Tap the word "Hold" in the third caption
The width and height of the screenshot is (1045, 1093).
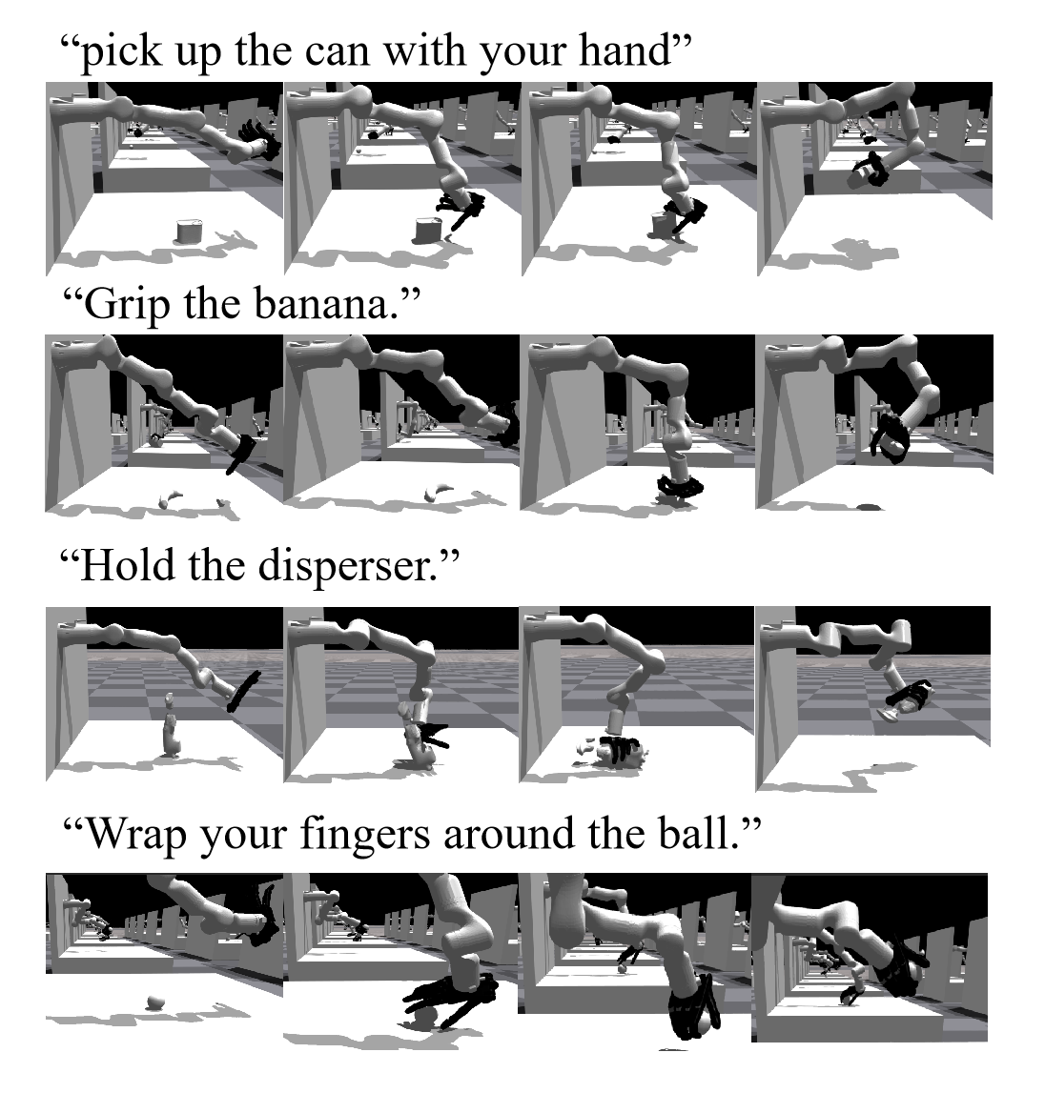coord(129,565)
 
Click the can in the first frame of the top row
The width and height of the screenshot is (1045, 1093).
coord(188,231)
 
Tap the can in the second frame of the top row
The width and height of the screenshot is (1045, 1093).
coord(427,230)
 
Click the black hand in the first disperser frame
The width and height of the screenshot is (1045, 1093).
coord(243,691)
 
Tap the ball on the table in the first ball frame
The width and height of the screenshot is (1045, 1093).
coord(155,1003)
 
